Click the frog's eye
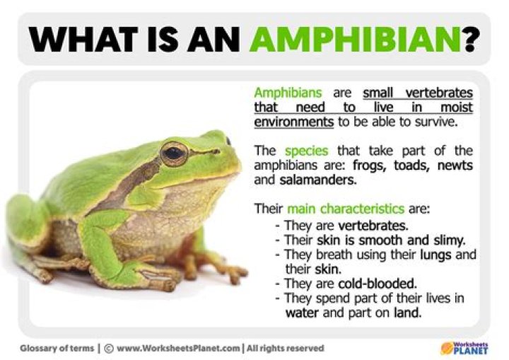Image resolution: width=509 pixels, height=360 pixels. (173, 152)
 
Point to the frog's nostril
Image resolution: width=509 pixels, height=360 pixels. (228, 141)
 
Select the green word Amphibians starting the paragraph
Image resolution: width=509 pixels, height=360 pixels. (288, 93)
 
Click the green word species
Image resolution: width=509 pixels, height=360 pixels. (305, 151)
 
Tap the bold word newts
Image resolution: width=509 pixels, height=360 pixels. (456, 166)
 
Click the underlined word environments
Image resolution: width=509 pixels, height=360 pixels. (293, 121)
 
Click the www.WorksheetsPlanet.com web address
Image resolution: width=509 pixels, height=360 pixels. (178, 348)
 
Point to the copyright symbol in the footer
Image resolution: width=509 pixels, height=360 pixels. (109, 348)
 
